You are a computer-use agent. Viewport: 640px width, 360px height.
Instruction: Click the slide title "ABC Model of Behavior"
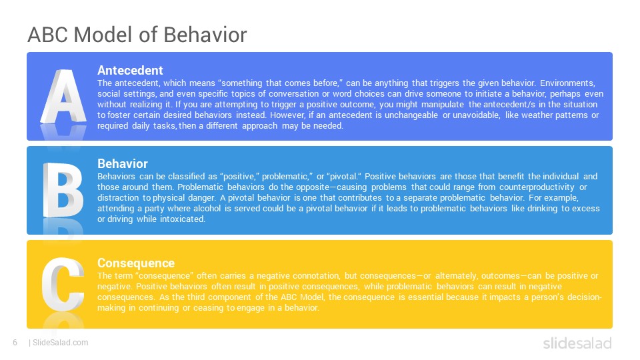pyautogui.click(x=137, y=35)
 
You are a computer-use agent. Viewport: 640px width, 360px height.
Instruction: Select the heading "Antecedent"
pyautogui.click(x=130, y=70)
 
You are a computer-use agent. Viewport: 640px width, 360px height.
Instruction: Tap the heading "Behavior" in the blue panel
pyautogui.click(x=123, y=164)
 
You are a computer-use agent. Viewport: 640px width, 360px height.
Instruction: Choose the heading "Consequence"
pyautogui.click(x=136, y=263)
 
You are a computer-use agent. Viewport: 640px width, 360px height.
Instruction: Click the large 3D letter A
pyautogui.click(x=63, y=96)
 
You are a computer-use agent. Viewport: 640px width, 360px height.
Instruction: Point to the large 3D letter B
pyautogui.click(x=63, y=190)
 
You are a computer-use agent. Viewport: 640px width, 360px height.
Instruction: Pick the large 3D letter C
pyautogui.click(x=63, y=284)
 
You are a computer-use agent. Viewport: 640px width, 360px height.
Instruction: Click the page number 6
pyautogui.click(x=15, y=343)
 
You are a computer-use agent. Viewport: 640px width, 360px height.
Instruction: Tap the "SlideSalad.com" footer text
pyautogui.click(x=61, y=343)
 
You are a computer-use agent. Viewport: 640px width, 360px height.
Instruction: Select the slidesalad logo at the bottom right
pyautogui.click(x=577, y=343)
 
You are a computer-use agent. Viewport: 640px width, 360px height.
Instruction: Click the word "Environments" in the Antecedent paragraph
pyautogui.click(x=567, y=83)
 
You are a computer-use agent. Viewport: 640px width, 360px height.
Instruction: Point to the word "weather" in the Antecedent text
pyautogui.click(x=536, y=115)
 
